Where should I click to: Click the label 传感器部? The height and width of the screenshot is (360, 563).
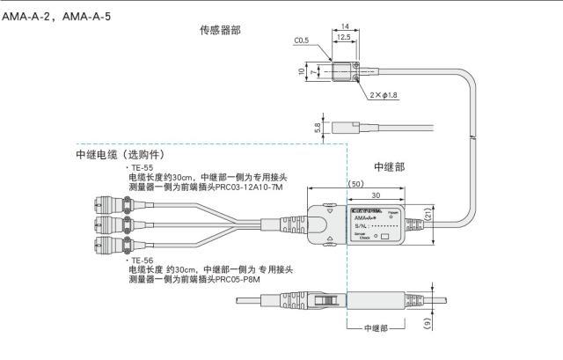220,30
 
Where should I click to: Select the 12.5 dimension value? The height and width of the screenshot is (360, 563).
343,40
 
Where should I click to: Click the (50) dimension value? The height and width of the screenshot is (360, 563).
355,184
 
